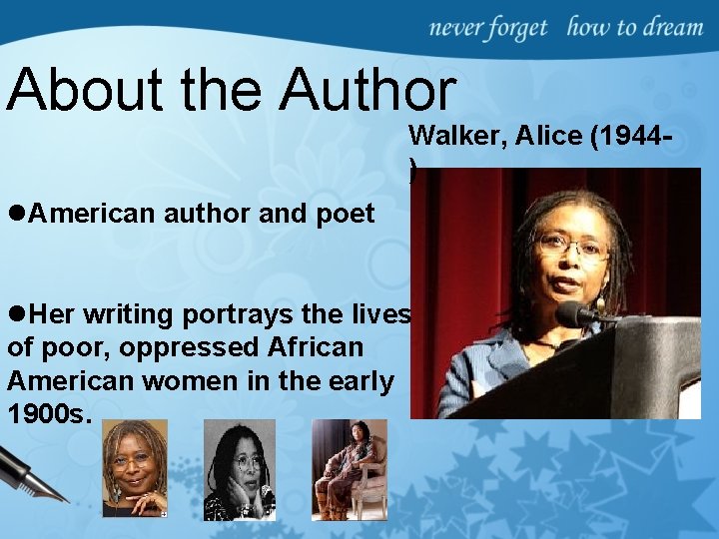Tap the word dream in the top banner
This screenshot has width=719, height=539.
click(x=674, y=27)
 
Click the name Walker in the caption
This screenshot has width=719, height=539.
click(x=448, y=136)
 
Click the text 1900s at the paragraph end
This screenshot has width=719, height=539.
click(x=49, y=413)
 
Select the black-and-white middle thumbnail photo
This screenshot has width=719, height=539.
click(x=239, y=470)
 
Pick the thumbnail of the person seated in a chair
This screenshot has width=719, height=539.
click(x=349, y=469)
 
